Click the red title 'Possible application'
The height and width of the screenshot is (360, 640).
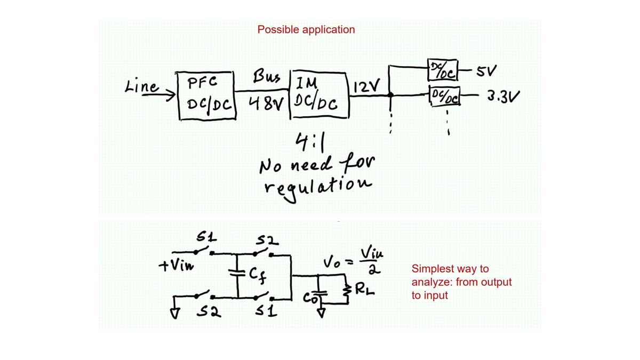point(306,30)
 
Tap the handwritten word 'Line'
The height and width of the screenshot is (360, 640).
point(141,86)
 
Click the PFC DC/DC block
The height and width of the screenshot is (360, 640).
point(207,95)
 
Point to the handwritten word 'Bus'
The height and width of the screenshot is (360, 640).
point(266,77)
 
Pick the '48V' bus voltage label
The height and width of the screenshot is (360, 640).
point(266,103)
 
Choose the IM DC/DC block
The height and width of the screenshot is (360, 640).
point(318,94)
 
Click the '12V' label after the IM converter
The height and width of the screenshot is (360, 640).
point(367,86)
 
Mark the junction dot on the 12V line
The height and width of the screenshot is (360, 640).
point(390,95)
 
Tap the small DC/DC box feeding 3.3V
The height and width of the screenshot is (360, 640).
point(444,97)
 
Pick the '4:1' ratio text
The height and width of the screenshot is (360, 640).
point(310,142)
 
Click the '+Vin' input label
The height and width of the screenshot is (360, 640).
point(177,265)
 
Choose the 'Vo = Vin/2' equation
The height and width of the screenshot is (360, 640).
point(354,260)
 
